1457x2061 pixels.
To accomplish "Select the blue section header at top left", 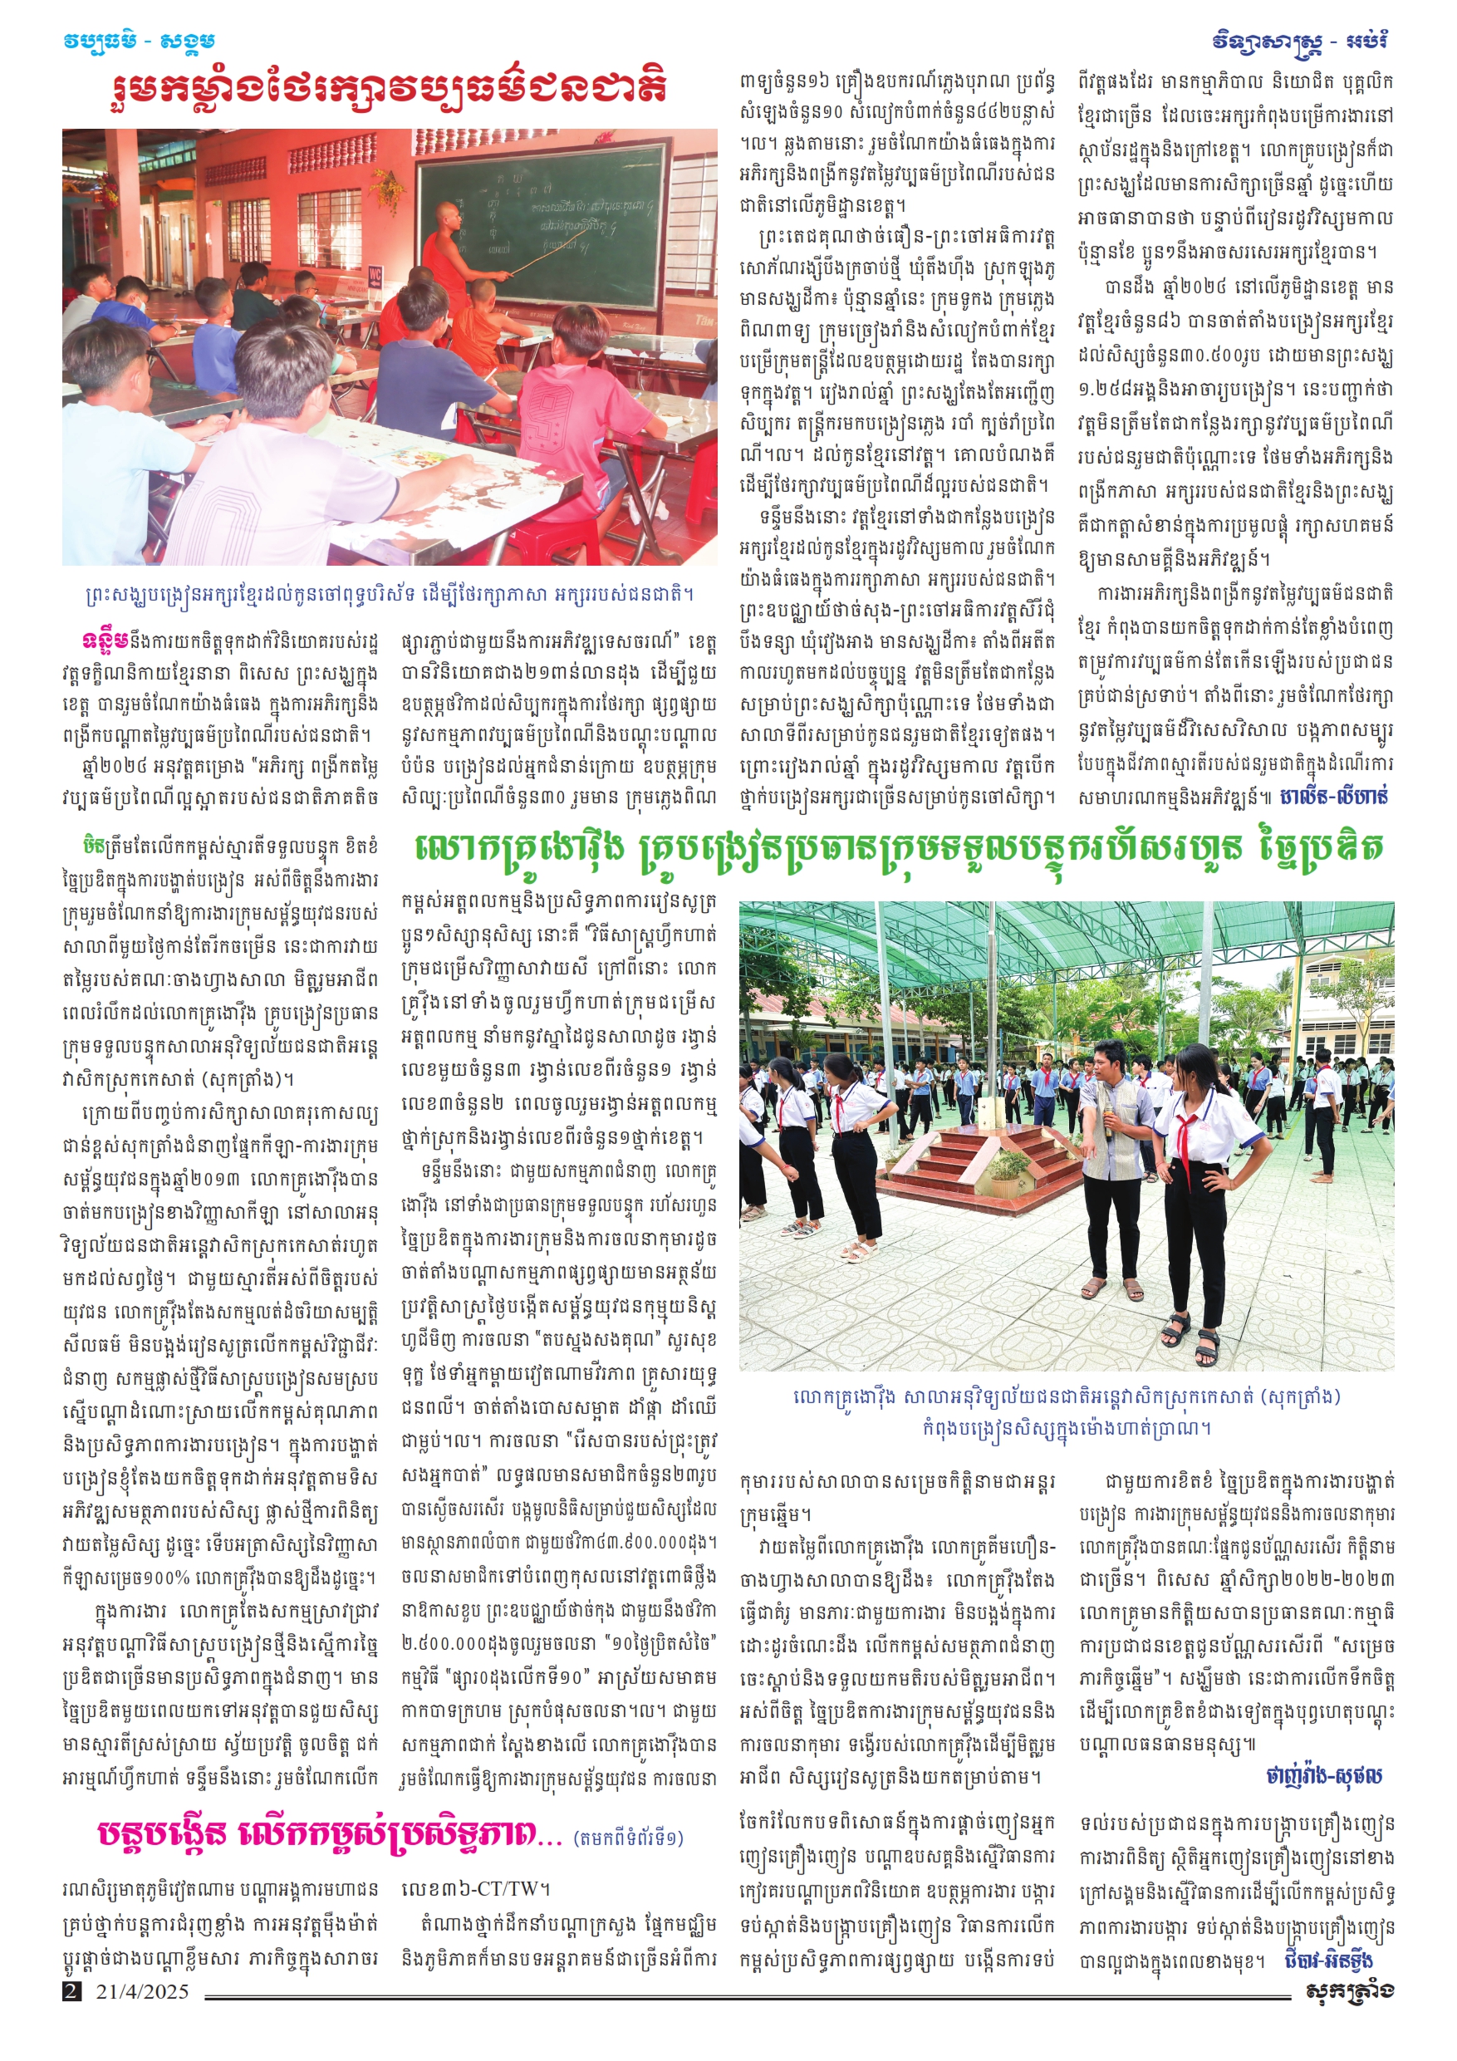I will click(140, 42).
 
